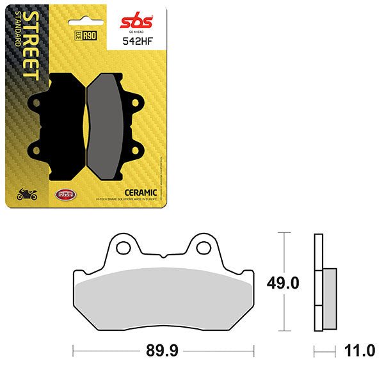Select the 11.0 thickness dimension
tap(359, 351)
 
